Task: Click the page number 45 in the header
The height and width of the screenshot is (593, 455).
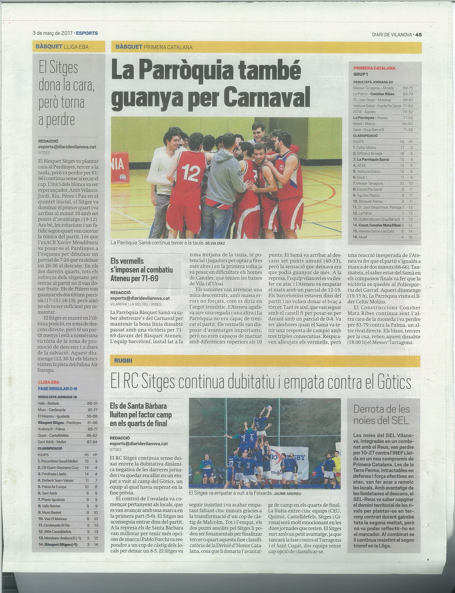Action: pos(419,35)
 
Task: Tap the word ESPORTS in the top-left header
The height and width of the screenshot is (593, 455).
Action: pos(88,33)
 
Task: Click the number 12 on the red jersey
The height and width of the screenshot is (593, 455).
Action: pos(192,172)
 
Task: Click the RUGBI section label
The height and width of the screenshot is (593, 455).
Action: pos(124,361)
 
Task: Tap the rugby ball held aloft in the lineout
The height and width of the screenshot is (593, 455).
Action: pos(268,407)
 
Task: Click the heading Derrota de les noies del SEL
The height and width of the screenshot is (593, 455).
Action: pos(382,415)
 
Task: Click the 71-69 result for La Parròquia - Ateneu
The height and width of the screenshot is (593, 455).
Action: pos(407,118)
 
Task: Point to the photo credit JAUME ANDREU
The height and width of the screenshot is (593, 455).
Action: pos(287,493)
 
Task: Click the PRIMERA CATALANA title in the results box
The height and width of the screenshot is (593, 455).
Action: pos(374,68)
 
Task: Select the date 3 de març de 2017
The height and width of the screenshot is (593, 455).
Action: pos(52,33)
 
